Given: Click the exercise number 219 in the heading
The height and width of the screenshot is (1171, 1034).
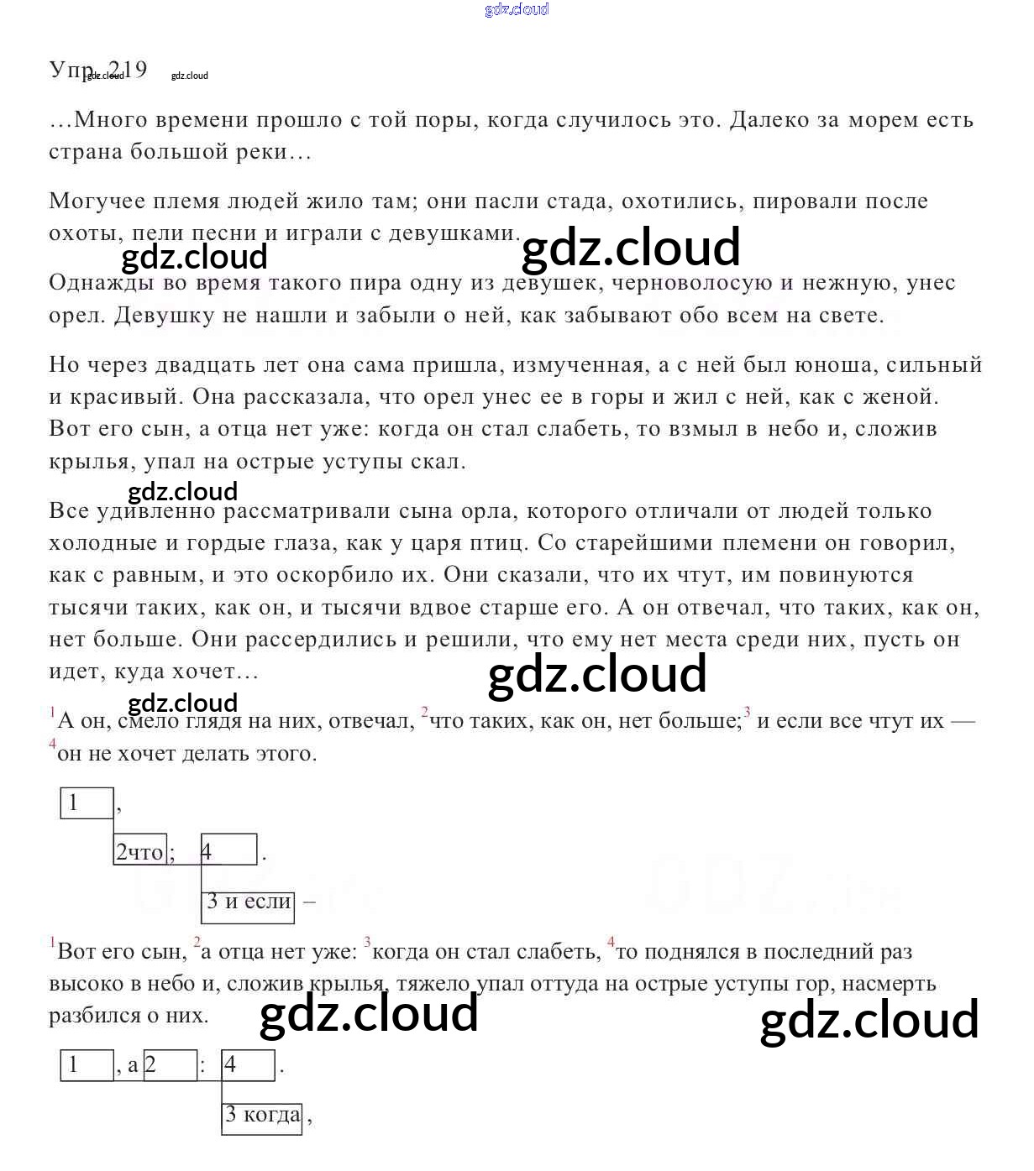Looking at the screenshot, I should coord(129,69).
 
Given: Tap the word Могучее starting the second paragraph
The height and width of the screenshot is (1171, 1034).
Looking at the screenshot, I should coord(97,201).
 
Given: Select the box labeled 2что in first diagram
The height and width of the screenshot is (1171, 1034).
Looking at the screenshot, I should coord(140,850).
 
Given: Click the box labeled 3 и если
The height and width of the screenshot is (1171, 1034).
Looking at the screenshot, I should coord(249,902).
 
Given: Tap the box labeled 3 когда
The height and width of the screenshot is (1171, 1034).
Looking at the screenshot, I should coord(261,1115).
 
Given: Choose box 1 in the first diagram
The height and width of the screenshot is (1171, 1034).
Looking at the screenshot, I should coord(87,802).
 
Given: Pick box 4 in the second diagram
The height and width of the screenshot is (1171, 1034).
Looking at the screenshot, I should coord(248,1065).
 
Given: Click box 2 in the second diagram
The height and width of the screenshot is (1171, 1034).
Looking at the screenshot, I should coord(170,1065).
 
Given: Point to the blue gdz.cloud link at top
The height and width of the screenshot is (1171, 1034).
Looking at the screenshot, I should coord(517,9).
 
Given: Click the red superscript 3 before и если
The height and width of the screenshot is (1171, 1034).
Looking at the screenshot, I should coord(747,713).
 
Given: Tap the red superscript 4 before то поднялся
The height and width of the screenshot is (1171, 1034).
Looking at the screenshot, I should coord(611,942).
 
